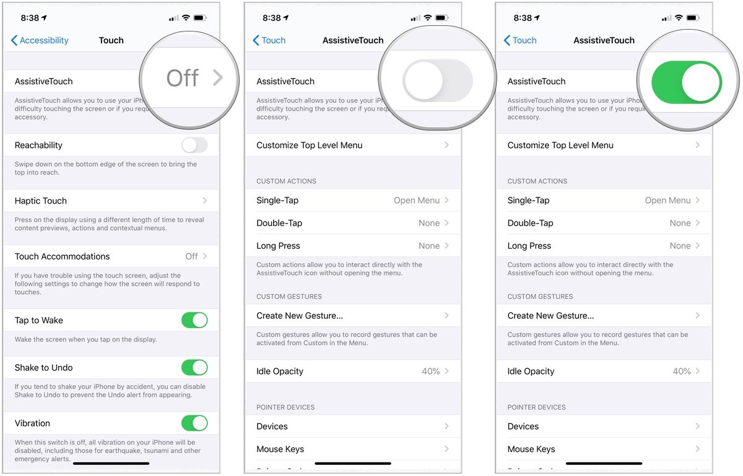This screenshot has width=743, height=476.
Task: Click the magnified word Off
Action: (183, 78)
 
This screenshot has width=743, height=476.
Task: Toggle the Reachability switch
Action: (194, 145)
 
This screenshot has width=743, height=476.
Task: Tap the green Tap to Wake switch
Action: (194, 320)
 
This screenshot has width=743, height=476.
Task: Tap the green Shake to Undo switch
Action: (194, 368)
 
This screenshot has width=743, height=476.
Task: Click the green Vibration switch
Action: (194, 423)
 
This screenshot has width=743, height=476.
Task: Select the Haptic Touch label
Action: (41, 201)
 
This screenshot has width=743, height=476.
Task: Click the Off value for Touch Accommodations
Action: (192, 256)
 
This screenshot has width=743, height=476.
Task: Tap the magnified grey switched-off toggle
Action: (437, 80)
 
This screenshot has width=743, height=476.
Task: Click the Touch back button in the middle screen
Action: (269, 40)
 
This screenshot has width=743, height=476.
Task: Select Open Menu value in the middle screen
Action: (417, 201)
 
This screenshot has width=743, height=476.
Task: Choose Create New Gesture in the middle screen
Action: (300, 316)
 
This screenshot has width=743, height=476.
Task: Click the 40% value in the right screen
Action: (682, 371)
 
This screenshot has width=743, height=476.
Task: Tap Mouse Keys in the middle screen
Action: (280, 449)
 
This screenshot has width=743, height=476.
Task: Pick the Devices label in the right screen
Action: (523, 426)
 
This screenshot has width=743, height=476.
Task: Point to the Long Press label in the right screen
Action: (529, 246)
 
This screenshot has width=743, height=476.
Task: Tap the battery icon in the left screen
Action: (201, 18)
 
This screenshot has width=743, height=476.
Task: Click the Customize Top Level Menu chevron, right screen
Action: (698, 145)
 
